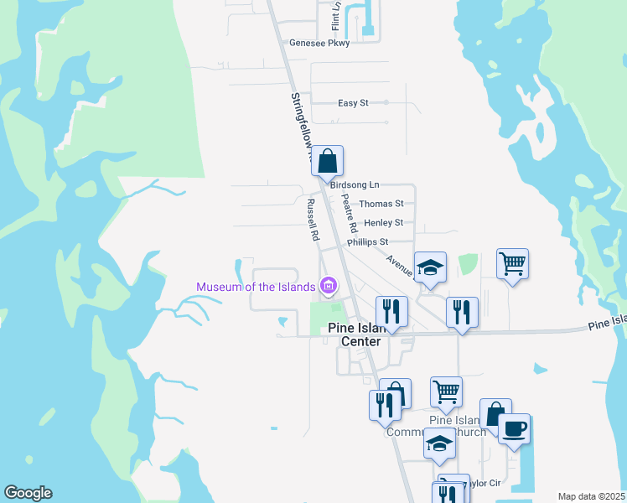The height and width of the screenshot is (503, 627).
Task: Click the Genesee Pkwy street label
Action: (x=319, y=43)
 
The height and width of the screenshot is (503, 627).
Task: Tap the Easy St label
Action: (x=353, y=103)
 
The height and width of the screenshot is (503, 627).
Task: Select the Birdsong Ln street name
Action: (x=355, y=184)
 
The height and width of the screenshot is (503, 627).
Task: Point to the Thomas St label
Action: (x=381, y=204)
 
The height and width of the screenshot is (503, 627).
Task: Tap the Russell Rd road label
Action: (x=313, y=220)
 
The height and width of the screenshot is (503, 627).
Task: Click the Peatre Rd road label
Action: (x=350, y=214)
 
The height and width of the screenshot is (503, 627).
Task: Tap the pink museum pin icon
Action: (x=328, y=287)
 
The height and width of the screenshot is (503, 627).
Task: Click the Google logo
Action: (x=28, y=493)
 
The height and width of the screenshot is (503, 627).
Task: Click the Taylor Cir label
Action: (x=483, y=484)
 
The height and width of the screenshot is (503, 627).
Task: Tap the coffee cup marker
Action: (x=514, y=429)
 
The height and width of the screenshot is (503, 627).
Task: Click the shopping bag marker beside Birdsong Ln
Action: (x=328, y=161)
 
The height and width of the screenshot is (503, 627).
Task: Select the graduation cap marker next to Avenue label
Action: (x=430, y=267)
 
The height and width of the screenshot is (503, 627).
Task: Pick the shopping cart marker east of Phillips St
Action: (x=512, y=264)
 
